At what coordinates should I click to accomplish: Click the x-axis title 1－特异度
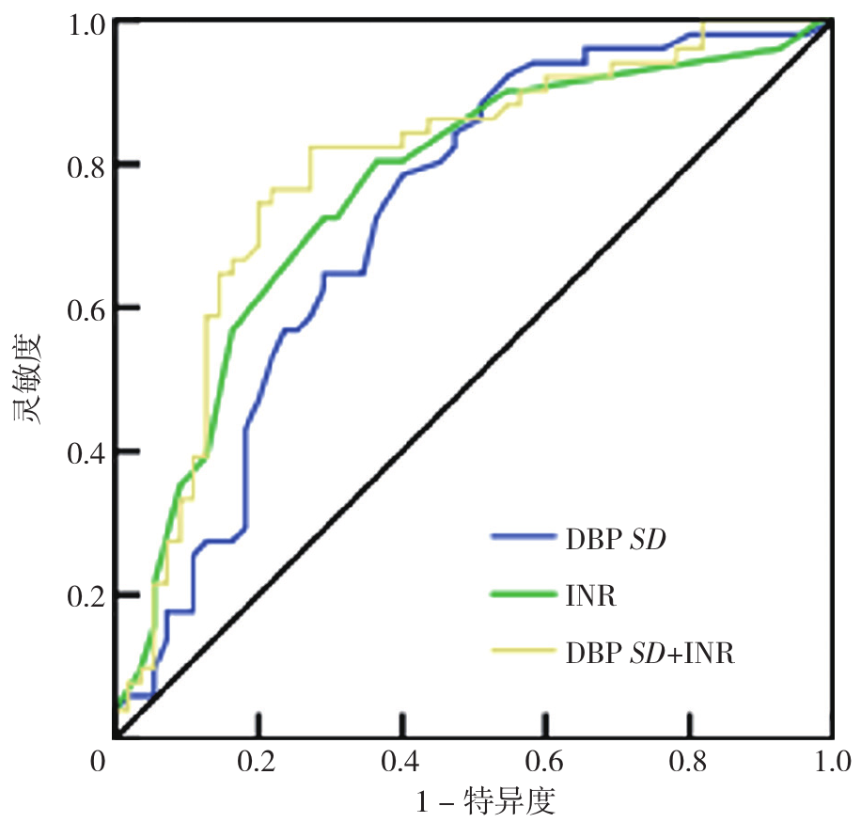point(487,801)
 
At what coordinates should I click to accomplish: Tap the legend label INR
point(590,596)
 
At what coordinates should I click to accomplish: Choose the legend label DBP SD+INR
point(650,654)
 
